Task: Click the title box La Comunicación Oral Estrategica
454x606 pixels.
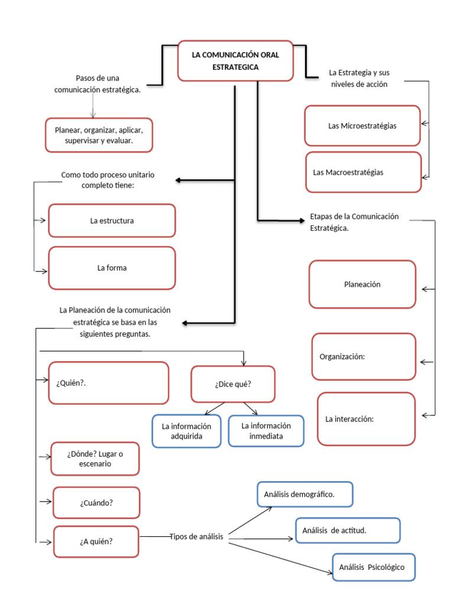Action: click(x=235, y=61)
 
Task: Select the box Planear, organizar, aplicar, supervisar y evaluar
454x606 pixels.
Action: click(x=99, y=136)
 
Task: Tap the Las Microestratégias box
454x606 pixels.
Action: click(x=362, y=125)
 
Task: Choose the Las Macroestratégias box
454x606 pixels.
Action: click(x=363, y=172)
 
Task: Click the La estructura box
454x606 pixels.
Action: click(x=112, y=221)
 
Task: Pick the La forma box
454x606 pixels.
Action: click(x=112, y=268)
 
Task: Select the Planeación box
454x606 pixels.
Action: click(x=362, y=284)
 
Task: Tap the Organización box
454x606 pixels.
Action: click(x=364, y=356)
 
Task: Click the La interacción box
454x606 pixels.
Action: click(x=366, y=419)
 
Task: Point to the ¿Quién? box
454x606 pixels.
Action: click(x=109, y=383)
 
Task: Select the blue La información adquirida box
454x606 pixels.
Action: click(x=186, y=431)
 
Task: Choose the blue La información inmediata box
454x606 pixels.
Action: click(x=266, y=431)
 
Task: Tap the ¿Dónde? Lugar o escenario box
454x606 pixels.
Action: click(x=95, y=459)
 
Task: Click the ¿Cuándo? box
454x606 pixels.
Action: click(x=96, y=502)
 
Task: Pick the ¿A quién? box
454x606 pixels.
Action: click(x=96, y=541)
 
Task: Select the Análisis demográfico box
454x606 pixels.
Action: click(x=305, y=495)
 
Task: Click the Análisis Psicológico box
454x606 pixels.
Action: click(x=374, y=567)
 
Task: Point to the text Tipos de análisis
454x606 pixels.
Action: click(x=196, y=537)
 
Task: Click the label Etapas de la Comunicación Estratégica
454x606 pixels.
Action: click(x=354, y=221)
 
